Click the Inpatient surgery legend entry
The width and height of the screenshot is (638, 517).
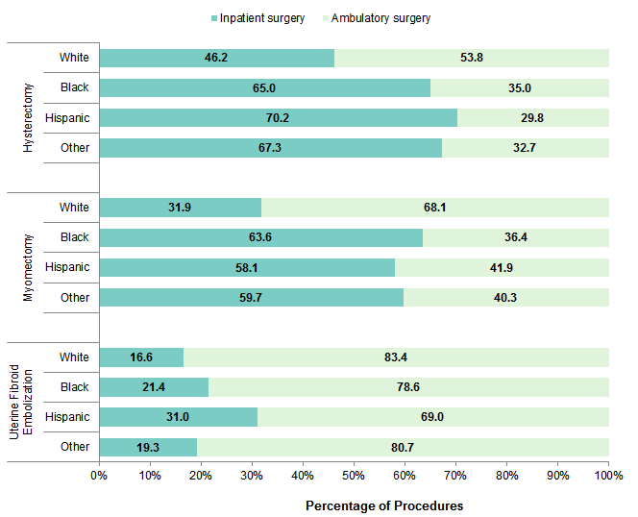coord(257,17)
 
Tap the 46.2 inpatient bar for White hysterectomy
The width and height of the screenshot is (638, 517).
coord(216,58)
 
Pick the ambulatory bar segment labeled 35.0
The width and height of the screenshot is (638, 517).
coord(520,88)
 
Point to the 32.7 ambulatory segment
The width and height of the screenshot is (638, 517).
coord(526,148)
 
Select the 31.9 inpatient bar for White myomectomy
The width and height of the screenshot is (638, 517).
coord(180,208)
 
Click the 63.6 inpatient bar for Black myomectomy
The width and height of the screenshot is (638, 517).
coord(260,237)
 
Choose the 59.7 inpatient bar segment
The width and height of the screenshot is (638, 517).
coord(251,298)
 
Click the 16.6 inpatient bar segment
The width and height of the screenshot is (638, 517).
coord(141,357)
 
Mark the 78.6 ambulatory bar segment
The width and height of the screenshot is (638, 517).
coord(408,387)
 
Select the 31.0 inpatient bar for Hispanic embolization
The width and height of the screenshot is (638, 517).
coord(178,417)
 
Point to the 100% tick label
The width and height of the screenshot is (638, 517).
coord(607,476)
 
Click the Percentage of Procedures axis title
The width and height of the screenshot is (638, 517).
coord(383,505)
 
